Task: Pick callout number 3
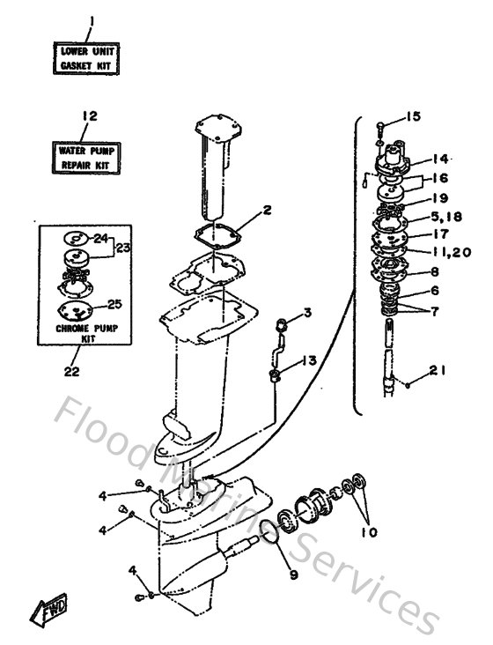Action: coord(307,312)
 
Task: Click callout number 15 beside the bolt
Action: coord(414,117)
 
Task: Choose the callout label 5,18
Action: coord(446,217)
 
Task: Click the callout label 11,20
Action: coord(451,253)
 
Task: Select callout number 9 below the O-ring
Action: coord(294,575)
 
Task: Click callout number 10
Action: coord(368,532)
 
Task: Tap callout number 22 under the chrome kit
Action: coord(72,371)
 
